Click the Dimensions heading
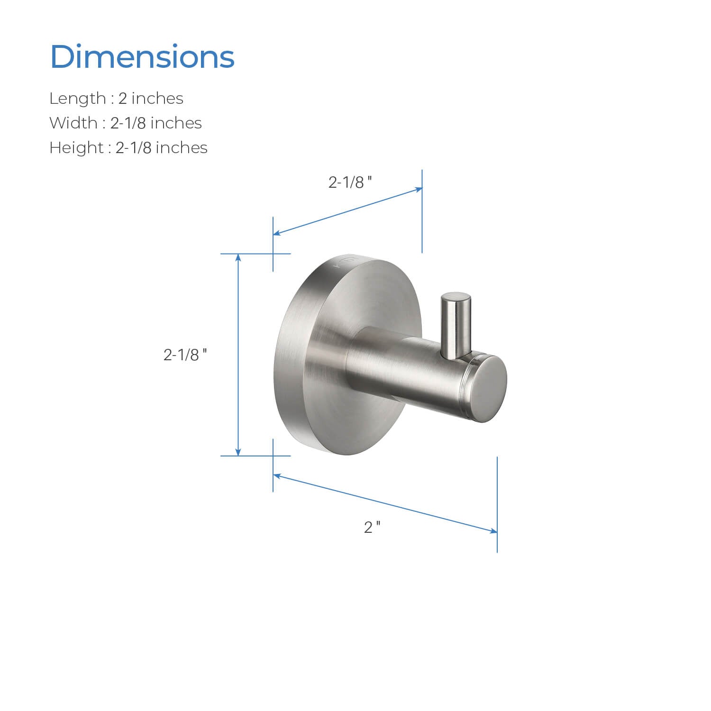[142, 57]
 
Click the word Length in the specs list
[78, 99]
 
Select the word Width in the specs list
[73, 123]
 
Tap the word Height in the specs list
[76, 148]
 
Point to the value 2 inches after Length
[151, 99]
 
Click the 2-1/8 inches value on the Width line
[156, 123]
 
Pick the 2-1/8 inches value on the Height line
[161, 148]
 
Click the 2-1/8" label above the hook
[350, 182]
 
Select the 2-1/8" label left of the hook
[185, 355]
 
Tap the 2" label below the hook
[372, 527]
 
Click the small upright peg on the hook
[456, 325]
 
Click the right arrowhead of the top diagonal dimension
[419, 190]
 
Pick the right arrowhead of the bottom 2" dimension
[493, 531]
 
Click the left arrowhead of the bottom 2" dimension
[277, 475]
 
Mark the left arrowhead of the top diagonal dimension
[277, 233]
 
